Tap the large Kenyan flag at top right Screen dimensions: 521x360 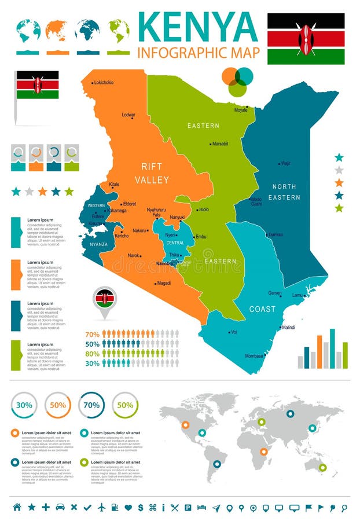point(306,39)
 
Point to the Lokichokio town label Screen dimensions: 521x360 point(104,83)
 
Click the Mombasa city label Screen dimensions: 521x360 point(254,355)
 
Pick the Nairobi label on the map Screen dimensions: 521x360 point(164,263)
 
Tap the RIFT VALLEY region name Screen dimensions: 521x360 point(152,173)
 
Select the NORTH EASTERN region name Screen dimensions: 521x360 point(284,192)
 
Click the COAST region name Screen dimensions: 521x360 point(262,309)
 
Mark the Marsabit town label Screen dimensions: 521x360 point(220,144)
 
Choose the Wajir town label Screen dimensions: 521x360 point(285,163)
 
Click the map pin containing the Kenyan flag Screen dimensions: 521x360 point(105,299)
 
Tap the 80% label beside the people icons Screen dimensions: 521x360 point(92,354)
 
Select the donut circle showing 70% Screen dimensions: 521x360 point(91,405)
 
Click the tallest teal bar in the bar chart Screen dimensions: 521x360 point(332,348)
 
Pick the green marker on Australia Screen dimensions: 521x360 point(322,467)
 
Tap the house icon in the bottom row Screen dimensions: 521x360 point(17,507)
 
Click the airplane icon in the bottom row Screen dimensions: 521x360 point(102,507)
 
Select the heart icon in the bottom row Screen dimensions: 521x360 point(128,507)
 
